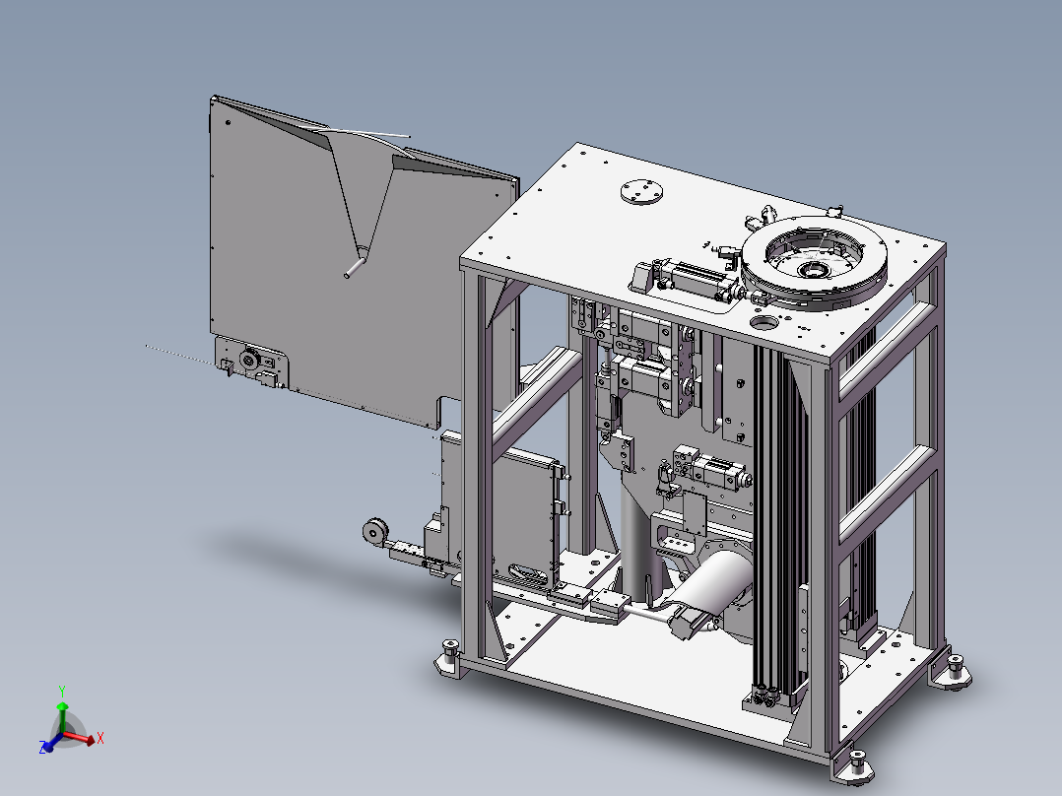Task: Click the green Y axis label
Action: click(62, 691)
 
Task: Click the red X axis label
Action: click(100, 738)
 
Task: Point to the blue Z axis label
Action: click(42, 748)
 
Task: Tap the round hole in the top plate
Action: click(764, 321)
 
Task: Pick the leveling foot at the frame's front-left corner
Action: click(450, 654)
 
